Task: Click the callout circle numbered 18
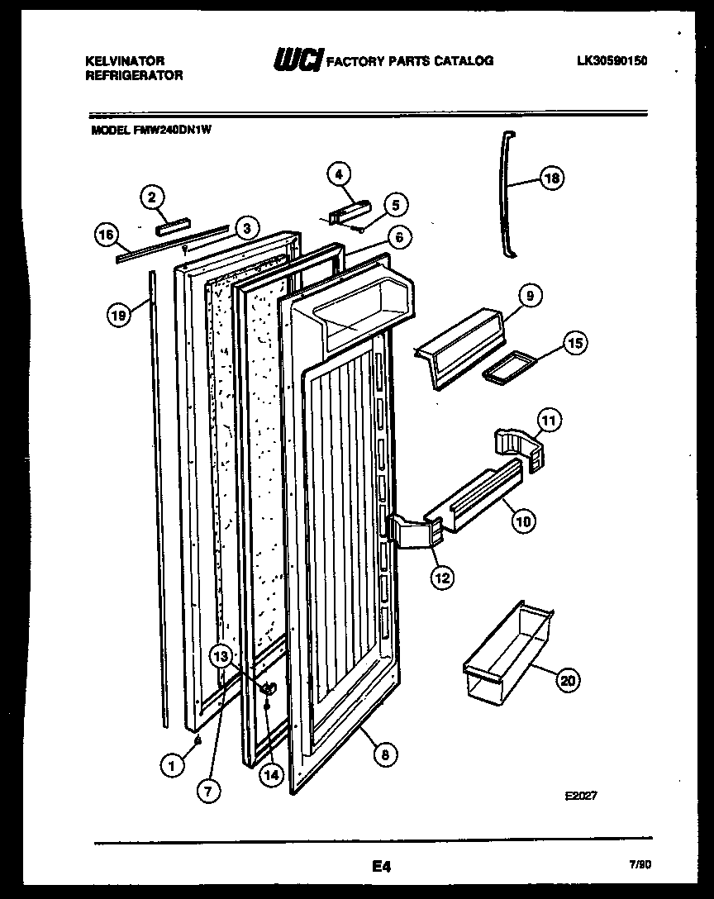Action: [551, 176]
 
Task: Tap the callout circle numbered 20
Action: [567, 681]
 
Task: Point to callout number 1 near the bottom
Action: [172, 767]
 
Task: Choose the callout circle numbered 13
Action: [220, 657]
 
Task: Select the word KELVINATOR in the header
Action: [125, 61]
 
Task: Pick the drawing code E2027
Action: [580, 796]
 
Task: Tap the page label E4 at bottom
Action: [380, 867]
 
